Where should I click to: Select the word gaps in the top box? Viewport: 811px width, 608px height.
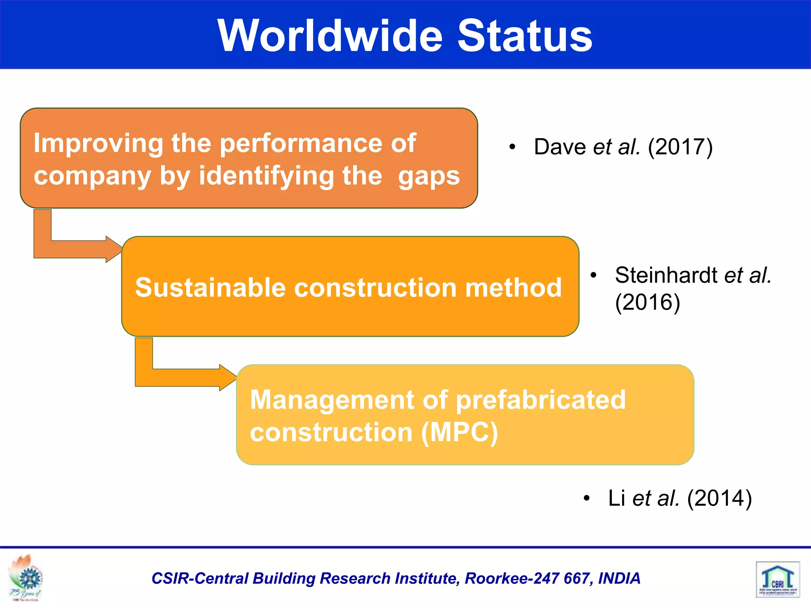(x=429, y=177)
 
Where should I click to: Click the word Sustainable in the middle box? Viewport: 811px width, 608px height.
(x=210, y=287)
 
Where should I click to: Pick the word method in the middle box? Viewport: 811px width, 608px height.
(x=513, y=287)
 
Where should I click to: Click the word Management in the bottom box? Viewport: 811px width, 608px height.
(x=332, y=400)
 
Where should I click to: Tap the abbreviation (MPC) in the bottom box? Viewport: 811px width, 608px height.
(x=459, y=432)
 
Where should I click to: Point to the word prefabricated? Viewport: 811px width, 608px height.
(x=541, y=400)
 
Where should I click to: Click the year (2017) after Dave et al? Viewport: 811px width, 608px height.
(x=680, y=147)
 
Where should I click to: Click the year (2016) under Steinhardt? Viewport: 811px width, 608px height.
(x=647, y=302)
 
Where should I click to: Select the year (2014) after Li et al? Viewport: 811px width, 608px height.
(x=719, y=498)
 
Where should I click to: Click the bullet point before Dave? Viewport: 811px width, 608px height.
(x=512, y=147)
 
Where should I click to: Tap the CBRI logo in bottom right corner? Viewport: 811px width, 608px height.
(x=778, y=579)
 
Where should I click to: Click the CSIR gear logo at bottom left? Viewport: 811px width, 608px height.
(x=27, y=578)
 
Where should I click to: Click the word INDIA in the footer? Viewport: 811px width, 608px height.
(x=619, y=578)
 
